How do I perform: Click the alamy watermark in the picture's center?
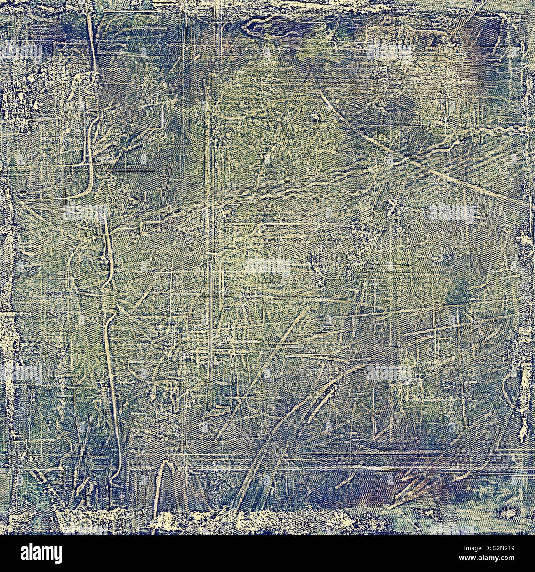tap(267, 267)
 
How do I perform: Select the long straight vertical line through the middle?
tap(209, 247)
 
